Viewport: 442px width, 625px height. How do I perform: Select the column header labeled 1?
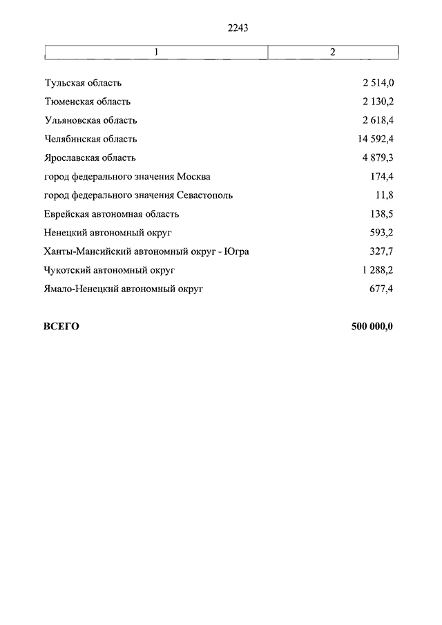(157, 52)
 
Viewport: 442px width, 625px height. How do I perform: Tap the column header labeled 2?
(332, 52)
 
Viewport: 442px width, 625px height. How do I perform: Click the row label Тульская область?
(83, 84)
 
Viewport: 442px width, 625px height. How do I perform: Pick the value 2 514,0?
(377, 84)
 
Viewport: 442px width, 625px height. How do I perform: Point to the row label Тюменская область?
(87, 102)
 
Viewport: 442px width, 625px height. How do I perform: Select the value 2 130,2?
(377, 102)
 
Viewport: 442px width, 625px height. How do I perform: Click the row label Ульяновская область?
(90, 121)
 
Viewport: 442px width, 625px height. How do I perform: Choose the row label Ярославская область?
(90, 158)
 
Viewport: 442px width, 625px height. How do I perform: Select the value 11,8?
(383, 195)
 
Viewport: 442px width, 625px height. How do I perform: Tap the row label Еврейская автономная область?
(111, 214)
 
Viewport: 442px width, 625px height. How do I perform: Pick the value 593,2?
(381, 233)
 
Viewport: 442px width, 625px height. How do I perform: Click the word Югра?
(236, 251)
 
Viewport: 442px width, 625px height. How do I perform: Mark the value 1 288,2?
(377, 270)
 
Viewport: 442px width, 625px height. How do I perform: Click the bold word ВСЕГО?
(61, 327)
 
